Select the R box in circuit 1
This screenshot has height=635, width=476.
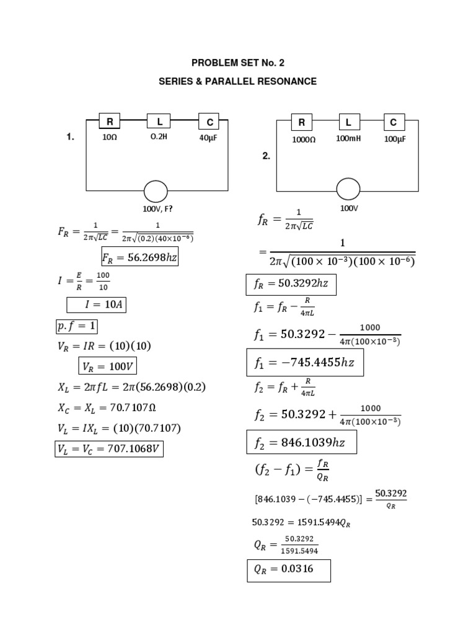[109, 122]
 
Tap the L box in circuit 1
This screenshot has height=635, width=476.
[159, 122]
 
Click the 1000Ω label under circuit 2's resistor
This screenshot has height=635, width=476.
[304, 140]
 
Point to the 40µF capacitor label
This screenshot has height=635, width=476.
[208, 138]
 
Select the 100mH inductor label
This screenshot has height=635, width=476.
[348, 139]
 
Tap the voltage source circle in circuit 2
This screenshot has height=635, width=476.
[348, 189]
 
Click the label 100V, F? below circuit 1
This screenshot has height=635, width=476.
[157, 209]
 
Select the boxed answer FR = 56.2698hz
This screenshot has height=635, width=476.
[139, 256]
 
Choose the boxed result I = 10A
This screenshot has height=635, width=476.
[96, 304]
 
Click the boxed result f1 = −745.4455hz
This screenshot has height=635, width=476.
[304, 363]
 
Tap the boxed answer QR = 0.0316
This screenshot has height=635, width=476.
[288, 570]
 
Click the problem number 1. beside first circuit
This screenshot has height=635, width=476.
[71, 138]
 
